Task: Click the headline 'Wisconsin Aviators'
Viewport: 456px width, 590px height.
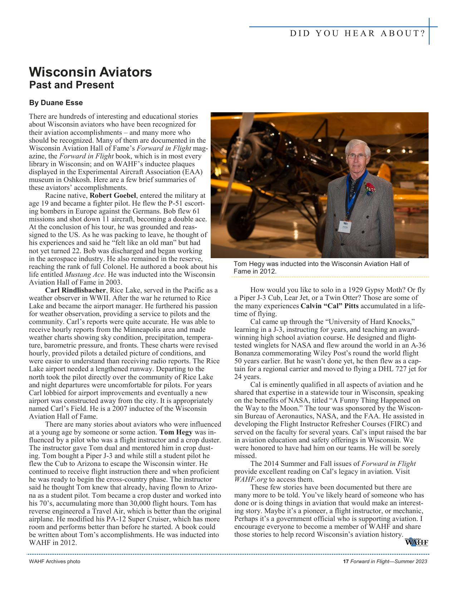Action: pos(90,72)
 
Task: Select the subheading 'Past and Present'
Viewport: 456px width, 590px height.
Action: pos(71,85)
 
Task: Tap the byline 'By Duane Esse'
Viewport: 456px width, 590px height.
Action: pos(56,103)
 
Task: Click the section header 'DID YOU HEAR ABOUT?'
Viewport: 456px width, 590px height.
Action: pos(357,34)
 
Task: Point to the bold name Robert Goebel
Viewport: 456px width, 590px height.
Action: pos(113,196)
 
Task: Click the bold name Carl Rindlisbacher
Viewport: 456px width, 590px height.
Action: pos(75,290)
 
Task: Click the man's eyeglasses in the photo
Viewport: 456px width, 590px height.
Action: pos(357,156)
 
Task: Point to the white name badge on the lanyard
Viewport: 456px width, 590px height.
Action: pos(345,226)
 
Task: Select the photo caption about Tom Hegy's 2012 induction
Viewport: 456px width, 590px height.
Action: pos(321,267)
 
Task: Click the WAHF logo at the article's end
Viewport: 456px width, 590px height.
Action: pos(416,542)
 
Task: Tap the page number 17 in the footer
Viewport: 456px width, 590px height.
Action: pos(345,561)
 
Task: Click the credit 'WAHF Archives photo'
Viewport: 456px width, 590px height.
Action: pos(54,561)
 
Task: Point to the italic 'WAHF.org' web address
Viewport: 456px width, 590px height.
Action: pos(250,480)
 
